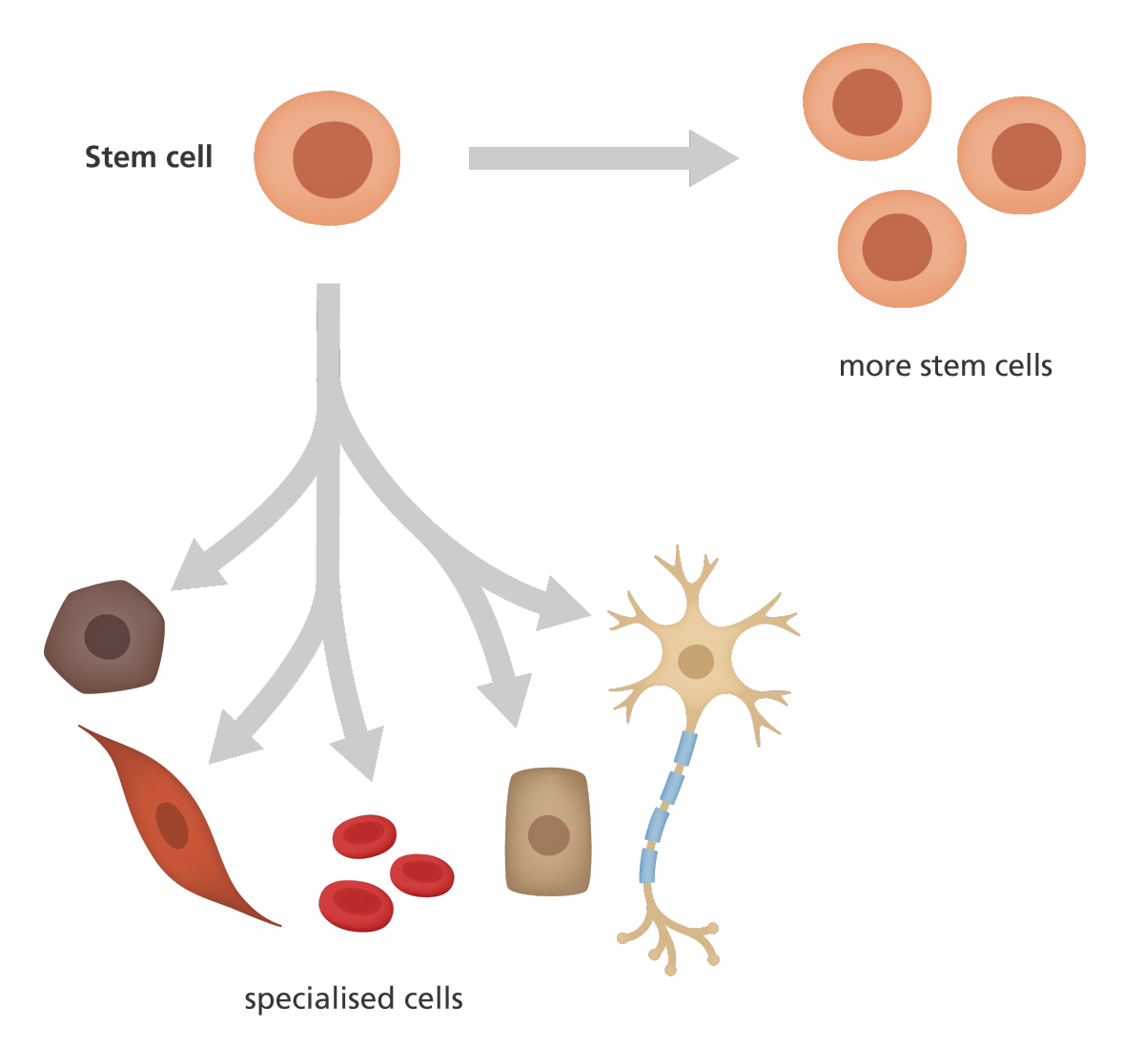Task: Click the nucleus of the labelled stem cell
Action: pyautogui.click(x=332, y=160)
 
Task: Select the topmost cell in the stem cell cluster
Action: pyautogui.click(x=867, y=102)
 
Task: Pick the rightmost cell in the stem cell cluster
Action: pyautogui.click(x=1022, y=155)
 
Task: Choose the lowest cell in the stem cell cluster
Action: pyautogui.click(x=901, y=248)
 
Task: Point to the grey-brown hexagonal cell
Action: pyautogui.click(x=105, y=636)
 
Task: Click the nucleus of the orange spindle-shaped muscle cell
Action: pyautogui.click(x=173, y=826)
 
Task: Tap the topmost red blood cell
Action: pyautogui.click(x=364, y=835)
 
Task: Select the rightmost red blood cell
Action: pyautogui.click(x=422, y=873)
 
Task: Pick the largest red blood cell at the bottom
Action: pyautogui.click(x=356, y=905)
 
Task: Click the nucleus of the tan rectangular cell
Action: pyautogui.click(x=548, y=835)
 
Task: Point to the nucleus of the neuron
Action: pyautogui.click(x=696, y=661)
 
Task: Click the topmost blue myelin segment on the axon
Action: pyautogui.click(x=685, y=749)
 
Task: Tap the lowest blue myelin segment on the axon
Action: pyautogui.click(x=648, y=865)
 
